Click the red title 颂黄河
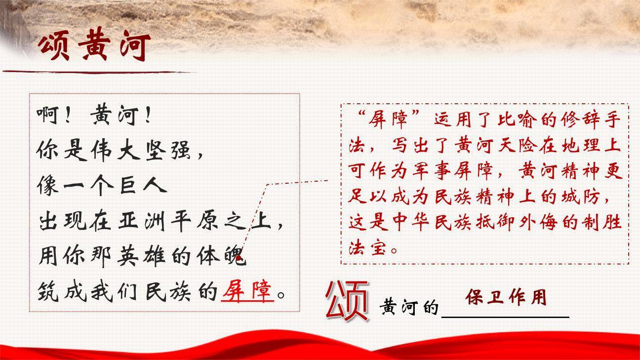[94, 47]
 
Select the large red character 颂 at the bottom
[347, 299]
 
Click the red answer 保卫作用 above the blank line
[506, 297]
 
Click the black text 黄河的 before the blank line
[409, 307]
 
